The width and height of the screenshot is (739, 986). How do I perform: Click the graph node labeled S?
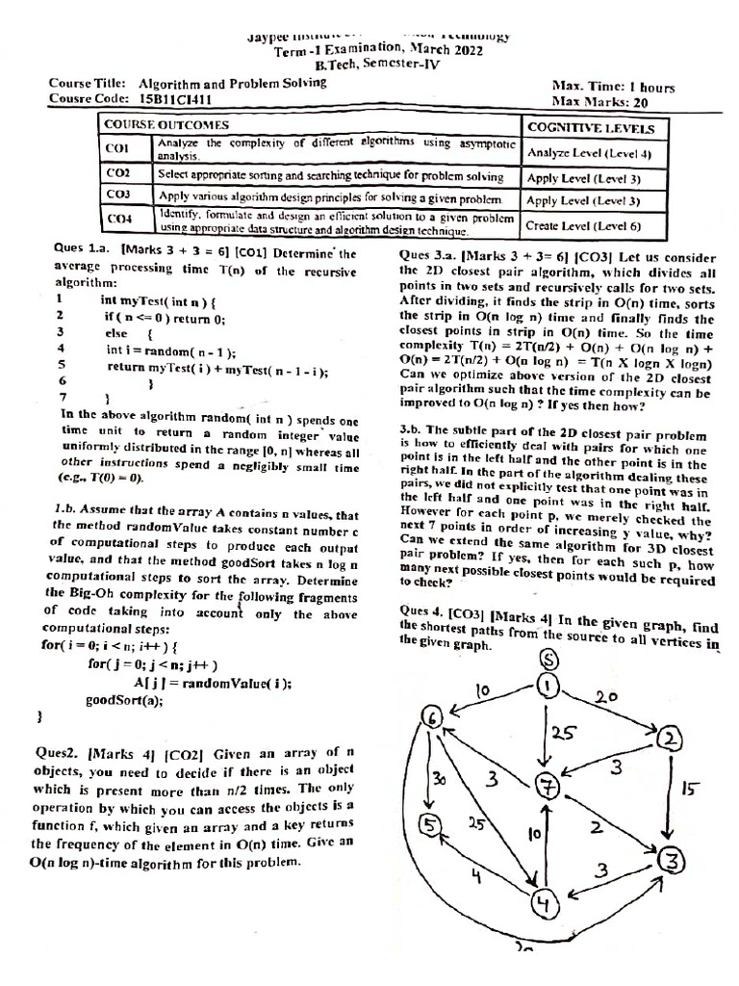[548, 660]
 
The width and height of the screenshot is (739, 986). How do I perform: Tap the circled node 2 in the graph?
[668, 739]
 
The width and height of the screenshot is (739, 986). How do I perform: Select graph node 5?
[430, 825]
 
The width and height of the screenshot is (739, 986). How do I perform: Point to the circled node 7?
[548, 786]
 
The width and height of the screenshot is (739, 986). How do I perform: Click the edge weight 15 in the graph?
[689, 791]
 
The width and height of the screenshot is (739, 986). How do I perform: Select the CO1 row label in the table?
[116, 149]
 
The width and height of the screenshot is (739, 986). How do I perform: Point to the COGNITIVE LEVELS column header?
[590, 128]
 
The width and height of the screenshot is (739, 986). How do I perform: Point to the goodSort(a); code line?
[124, 700]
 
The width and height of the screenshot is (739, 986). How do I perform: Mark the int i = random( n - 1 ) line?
[170, 350]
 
